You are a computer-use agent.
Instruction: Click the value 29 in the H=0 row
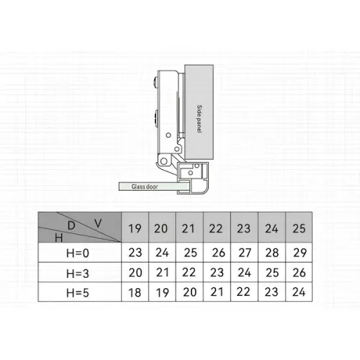coord(299,253)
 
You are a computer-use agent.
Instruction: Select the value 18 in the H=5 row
coord(135,292)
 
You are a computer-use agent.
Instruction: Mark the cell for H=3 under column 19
coord(135,273)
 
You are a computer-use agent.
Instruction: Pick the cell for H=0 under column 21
coord(189,253)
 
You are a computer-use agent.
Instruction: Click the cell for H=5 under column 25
coord(299,292)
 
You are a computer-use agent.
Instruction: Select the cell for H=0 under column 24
coord(272,253)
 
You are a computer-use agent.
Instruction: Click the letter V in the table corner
coord(98,223)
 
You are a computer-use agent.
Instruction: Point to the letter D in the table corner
coord(71,225)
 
